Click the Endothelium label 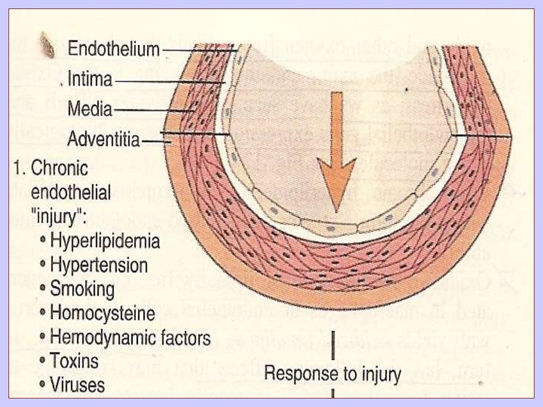(x=113, y=49)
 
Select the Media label (x=90, y=110)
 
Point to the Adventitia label (x=103, y=140)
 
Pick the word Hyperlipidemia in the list (x=105, y=241)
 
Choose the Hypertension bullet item (x=99, y=265)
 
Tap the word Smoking (x=82, y=289)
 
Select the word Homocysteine (x=102, y=313)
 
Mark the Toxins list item (x=74, y=361)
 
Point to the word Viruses (x=77, y=384)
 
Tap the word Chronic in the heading (x=59, y=169)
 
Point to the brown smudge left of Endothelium (x=48, y=44)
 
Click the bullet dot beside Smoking (x=42, y=290)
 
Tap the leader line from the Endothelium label (x=199, y=50)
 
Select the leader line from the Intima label (x=170, y=81)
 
